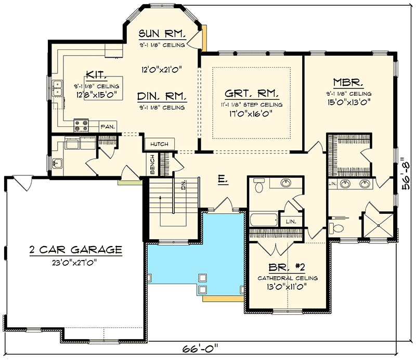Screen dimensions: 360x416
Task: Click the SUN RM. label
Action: (x=162, y=34)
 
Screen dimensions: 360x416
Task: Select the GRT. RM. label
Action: (x=252, y=94)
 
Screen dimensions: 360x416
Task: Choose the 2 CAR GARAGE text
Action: (x=75, y=250)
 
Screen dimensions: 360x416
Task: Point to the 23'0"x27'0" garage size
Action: (x=75, y=263)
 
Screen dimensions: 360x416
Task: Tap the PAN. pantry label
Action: (x=108, y=126)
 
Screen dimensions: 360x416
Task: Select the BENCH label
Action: (x=152, y=164)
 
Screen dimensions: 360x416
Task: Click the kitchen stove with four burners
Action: (x=81, y=125)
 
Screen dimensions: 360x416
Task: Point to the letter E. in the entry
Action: (x=223, y=179)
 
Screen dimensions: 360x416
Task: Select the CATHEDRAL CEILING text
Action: (x=288, y=278)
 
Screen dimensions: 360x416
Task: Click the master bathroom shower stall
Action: (x=378, y=225)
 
